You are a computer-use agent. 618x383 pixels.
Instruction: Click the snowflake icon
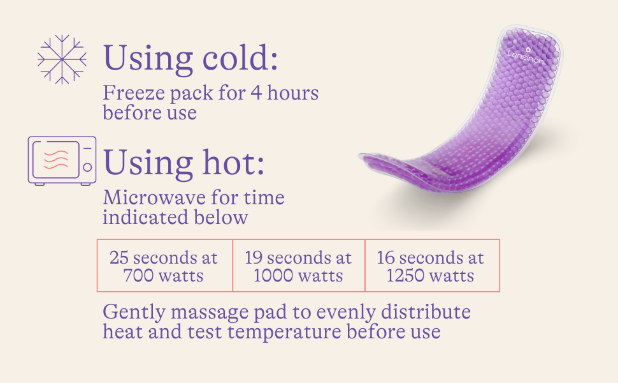point(62,59)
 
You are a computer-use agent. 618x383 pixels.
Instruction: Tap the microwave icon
point(62,161)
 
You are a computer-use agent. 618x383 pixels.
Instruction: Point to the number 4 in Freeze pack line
point(256,93)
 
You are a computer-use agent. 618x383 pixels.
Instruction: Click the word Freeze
point(134,93)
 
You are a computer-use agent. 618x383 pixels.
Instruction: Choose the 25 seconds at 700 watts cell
point(165,266)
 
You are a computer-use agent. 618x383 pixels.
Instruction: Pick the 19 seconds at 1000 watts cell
point(299,266)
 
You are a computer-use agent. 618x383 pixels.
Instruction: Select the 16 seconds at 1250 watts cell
point(433,266)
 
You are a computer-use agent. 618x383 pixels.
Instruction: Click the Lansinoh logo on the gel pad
point(526,56)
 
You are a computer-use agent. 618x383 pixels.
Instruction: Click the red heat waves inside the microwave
point(55,159)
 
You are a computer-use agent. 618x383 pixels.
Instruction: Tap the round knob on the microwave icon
point(87,167)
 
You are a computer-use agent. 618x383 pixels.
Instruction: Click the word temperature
point(284,332)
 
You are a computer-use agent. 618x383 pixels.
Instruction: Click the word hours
point(293,93)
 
